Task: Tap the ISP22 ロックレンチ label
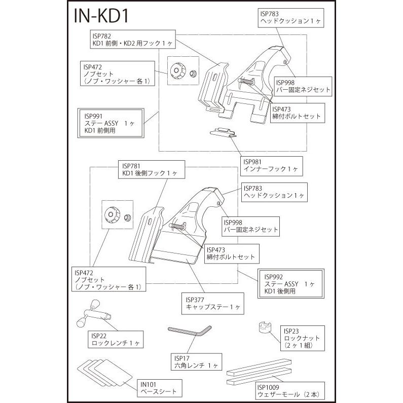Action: point(116,339)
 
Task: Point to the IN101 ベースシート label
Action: point(159,388)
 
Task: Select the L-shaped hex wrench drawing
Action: point(190,331)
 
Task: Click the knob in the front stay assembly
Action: point(177,70)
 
